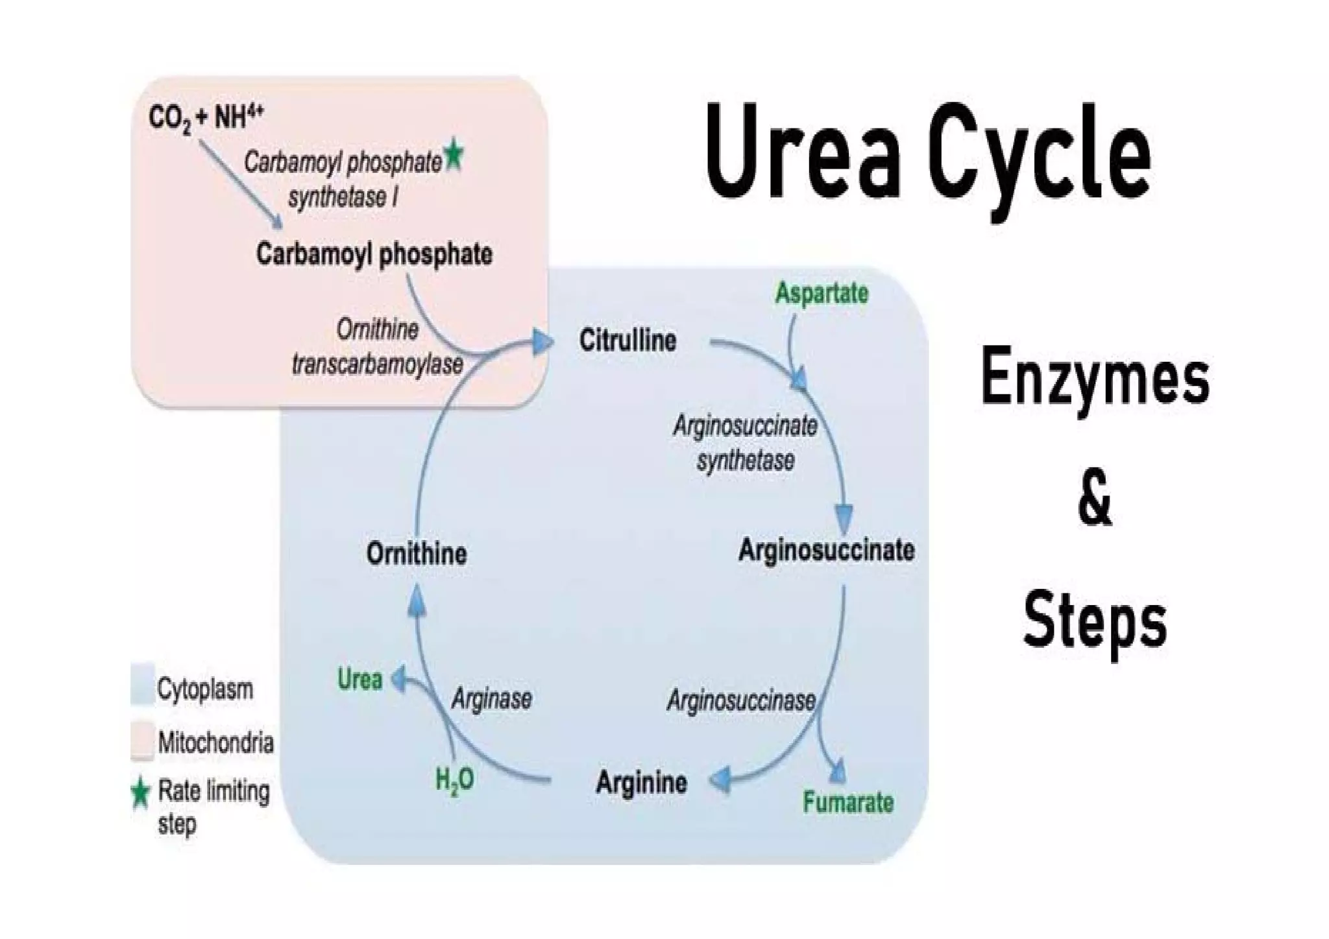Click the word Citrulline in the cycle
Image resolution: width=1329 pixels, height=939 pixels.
tap(628, 340)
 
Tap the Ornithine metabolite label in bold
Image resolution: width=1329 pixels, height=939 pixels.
tap(417, 554)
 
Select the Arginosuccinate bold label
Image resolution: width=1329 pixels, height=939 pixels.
tap(826, 551)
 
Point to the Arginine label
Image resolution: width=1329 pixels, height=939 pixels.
tap(641, 783)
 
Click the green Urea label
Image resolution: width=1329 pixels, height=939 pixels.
tap(360, 680)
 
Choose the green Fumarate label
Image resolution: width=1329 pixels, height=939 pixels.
tap(847, 803)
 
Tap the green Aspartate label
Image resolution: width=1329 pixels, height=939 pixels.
tap(822, 293)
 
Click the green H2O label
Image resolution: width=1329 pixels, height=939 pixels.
tap(454, 779)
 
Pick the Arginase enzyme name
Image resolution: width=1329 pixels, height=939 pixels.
tap(491, 699)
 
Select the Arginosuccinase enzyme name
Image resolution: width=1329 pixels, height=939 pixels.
tap(741, 700)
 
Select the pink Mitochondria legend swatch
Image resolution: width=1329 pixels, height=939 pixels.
tap(142, 740)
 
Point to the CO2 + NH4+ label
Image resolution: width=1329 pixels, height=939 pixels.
tap(205, 119)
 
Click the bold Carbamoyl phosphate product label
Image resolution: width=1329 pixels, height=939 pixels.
tap(374, 254)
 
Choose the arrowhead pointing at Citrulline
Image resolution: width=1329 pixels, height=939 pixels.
tap(541, 342)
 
